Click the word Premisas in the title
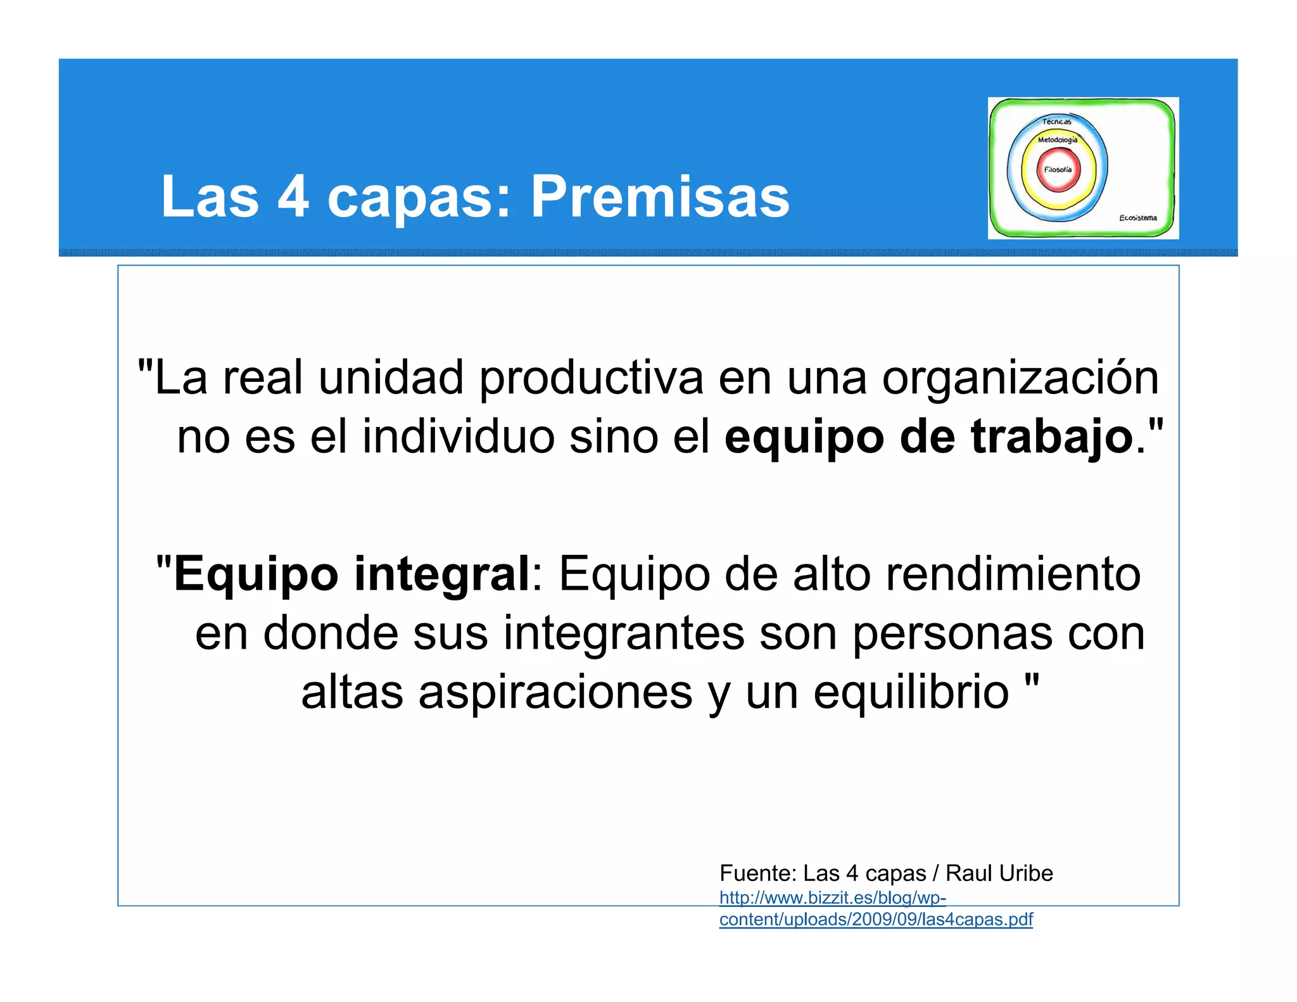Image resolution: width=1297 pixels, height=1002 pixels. (659, 196)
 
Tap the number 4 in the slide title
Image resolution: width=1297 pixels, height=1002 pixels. (293, 196)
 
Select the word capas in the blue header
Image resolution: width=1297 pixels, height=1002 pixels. (418, 198)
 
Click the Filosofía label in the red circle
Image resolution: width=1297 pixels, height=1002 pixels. (1058, 170)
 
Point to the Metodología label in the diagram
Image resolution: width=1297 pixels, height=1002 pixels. (1057, 140)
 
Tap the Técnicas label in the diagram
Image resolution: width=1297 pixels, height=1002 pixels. (1057, 122)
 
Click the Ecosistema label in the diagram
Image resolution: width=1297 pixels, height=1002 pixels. (1137, 218)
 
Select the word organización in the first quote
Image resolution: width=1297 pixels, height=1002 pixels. (1020, 378)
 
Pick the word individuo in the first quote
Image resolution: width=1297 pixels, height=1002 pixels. (458, 437)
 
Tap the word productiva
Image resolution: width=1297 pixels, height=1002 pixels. (591, 378)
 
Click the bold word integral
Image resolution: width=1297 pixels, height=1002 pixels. (441, 574)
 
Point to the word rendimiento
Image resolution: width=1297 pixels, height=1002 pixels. (1013, 574)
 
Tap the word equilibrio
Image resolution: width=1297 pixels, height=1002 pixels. (911, 692)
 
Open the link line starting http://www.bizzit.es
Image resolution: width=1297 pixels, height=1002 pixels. (832, 898)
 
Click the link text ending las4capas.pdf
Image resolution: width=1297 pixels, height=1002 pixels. (876, 920)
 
